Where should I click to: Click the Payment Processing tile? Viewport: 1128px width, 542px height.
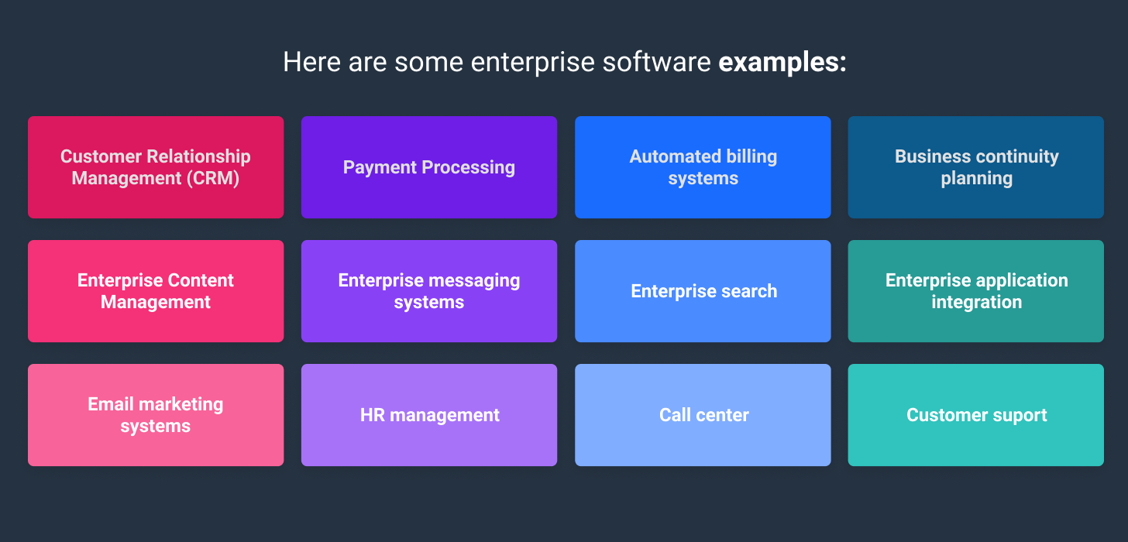[x=428, y=167]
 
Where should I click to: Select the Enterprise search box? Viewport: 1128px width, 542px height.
[x=703, y=291]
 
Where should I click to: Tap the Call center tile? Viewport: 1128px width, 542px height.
[x=703, y=415]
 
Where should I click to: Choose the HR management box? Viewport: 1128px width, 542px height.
[x=428, y=415]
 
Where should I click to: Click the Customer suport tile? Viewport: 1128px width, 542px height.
[x=975, y=415]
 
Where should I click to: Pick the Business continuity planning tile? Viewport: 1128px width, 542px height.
[x=975, y=167]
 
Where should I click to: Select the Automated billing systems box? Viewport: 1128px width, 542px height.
[x=703, y=167]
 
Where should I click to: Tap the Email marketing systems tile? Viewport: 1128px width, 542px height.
[x=156, y=415]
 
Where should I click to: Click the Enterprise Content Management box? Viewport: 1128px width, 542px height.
[x=156, y=291]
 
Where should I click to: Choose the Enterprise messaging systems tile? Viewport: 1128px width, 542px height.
[x=428, y=291]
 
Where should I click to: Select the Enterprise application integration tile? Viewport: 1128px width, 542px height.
[x=975, y=291]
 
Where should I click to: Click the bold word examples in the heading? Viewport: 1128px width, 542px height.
[x=782, y=63]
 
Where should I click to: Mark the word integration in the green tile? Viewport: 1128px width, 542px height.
[x=976, y=303]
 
